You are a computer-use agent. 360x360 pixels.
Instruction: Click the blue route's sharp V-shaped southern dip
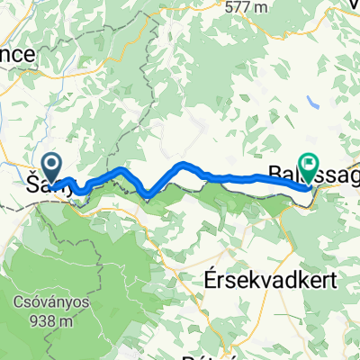pyautogui.click(x=146, y=192)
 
